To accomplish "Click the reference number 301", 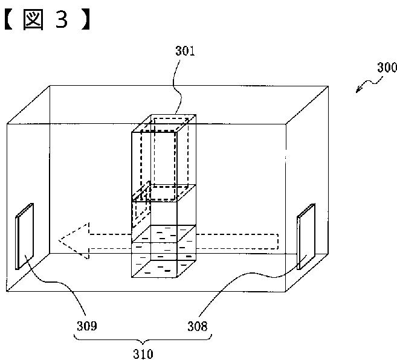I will (x=185, y=52).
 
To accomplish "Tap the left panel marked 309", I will (x=25, y=237).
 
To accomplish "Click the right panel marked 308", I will (x=305, y=236).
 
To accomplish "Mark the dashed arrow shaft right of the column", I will (x=239, y=240).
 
